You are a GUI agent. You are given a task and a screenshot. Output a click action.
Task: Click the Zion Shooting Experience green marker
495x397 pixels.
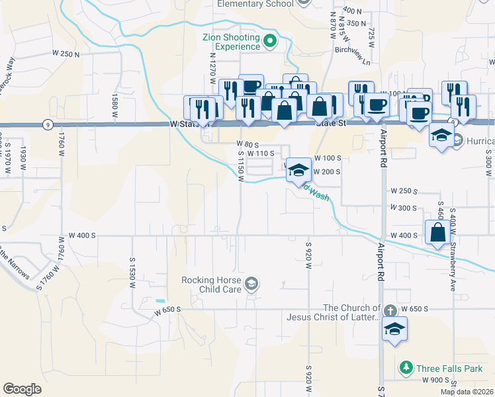click(x=270, y=42)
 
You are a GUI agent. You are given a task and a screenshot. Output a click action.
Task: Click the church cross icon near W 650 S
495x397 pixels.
click(x=390, y=310)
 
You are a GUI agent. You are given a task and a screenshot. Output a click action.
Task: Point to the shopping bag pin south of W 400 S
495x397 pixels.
click(x=437, y=233)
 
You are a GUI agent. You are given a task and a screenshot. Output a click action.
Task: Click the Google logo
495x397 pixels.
click(x=22, y=389)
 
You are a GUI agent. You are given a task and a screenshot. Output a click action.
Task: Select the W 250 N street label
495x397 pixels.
click(x=66, y=54)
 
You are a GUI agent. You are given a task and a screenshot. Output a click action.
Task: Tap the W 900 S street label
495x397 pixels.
click(x=434, y=380)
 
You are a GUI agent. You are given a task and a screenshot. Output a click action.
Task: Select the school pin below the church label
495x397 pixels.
click(x=394, y=329)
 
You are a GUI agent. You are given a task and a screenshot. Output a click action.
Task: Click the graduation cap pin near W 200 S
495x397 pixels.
click(x=298, y=170)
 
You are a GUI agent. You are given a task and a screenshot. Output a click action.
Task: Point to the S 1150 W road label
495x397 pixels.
click(x=241, y=163)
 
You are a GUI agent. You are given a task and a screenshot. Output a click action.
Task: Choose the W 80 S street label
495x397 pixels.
click(x=247, y=144)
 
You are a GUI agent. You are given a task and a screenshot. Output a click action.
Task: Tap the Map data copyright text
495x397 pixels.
click(x=466, y=392)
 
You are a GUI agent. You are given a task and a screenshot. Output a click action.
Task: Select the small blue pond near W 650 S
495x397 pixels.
click(x=159, y=301)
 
